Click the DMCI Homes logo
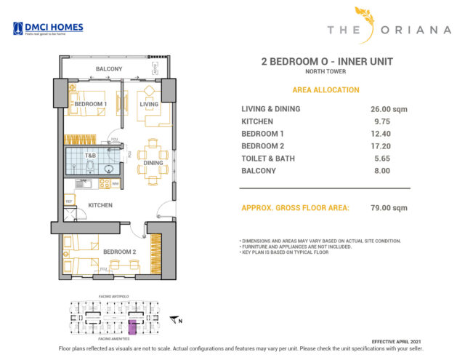click(x=48, y=28)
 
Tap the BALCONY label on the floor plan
click(x=110, y=69)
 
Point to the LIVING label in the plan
click(x=149, y=104)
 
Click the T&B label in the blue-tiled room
click(x=90, y=156)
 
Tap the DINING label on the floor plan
click(x=153, y=163)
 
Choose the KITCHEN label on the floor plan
click(x=100, y=205)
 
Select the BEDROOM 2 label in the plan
click(x=119, y=252)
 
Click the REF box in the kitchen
click(x=70, y=201)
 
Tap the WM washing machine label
click(x=115, y=183)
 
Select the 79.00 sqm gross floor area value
click(x=384, y=208)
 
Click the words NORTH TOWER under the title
click(x=325, y=72)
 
